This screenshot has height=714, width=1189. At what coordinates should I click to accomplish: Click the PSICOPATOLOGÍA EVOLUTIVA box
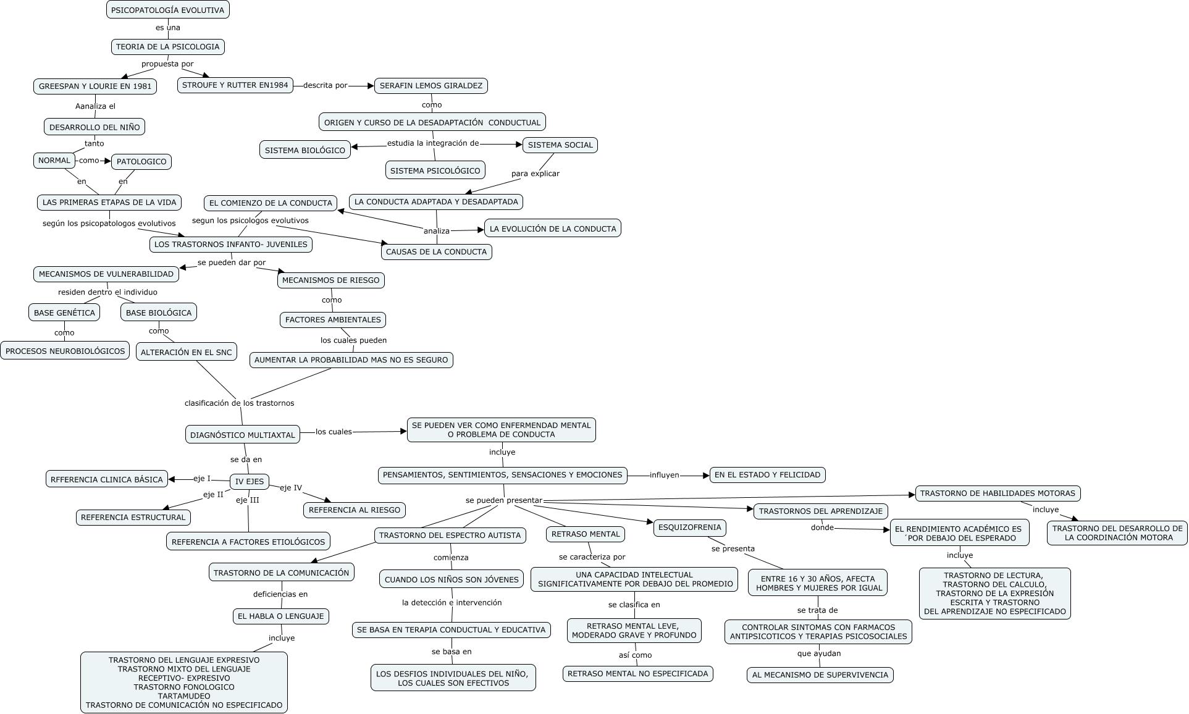pyautogui.click(x=167, y=10)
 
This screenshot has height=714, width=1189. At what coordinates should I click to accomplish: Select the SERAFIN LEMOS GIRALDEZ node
pyautogui.click(x=431, y=85)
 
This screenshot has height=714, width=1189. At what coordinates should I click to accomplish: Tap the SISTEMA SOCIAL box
pyautogui.click(x=560, y=145)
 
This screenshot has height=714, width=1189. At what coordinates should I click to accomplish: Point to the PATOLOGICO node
pyautogui.click(x=141, y=162)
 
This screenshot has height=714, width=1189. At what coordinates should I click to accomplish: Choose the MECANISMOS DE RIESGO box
pyautogui.click(x=330, y=280)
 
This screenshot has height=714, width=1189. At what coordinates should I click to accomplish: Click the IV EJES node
pyautogui.click(x=250, y=482)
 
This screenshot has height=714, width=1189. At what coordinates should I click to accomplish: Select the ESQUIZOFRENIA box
pyautogui.click(x=689, y=527)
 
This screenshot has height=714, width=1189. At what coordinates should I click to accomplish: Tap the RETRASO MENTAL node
pyautogui.click(x=586, y=534)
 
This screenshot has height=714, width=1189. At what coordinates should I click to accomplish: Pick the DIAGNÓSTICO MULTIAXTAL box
pyautogui.click(x=243, y=435)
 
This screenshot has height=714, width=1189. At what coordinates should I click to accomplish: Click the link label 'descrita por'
pyautogui.click(x=325, y=85)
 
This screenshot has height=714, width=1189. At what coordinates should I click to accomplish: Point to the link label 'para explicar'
pyautogui.click(x=535, y=174)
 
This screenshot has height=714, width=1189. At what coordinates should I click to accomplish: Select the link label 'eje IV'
pyautogui.click(x=291, y=488)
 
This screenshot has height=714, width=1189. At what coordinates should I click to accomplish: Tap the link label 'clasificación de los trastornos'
pyautogui.click(x=239, y=403)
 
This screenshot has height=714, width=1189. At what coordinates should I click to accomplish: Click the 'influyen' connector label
pyautogui.click(x=664, y=476)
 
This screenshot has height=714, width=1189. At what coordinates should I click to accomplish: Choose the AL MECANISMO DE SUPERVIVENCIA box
pyautogui.click(x=820, y=675)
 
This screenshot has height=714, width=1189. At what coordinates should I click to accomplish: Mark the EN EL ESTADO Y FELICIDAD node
pyautogui.click(x=767, y=475)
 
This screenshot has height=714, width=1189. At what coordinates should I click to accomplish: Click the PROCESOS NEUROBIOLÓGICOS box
pyautogui.click(x=65, y=351)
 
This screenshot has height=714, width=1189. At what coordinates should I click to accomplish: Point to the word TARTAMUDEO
pyautogui.click(x=184, y=696)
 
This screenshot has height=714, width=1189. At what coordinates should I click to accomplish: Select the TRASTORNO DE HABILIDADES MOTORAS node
pyautogui.click(x=998, y=493)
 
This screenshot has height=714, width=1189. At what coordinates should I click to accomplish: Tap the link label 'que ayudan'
pyautogui.click(x=818, y=653)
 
